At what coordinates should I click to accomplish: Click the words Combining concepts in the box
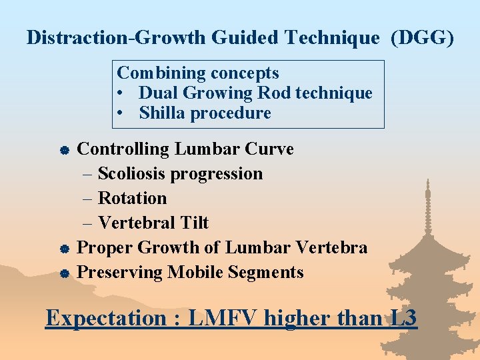pyautogui.click(x=198, y=73)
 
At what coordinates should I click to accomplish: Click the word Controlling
pyautogui.click(x=124, y=149)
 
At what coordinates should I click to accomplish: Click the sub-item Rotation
pyautogui.click(x=132, y=198)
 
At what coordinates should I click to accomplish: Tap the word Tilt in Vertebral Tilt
pyautogui.click(x=193, y=223)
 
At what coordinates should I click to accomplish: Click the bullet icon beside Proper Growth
pyautogui.click(x=61, y=249)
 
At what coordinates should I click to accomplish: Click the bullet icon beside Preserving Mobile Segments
pyautogui.click(x=61, y=273)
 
